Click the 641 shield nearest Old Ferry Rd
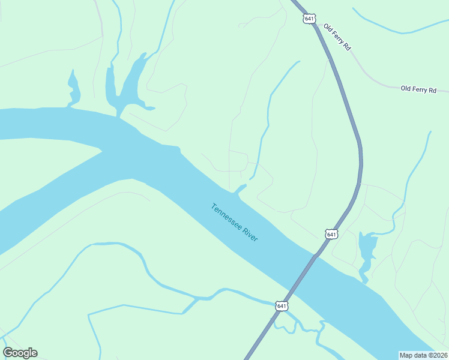point(309,19)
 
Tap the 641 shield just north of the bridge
point(332,234)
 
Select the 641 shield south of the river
point(282,306)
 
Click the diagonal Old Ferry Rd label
point(337,37)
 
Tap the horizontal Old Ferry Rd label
point(418,89)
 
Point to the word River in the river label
point(250,235)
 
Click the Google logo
point(20,353)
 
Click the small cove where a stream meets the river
point(240,190)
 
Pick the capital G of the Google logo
point(8,353)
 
